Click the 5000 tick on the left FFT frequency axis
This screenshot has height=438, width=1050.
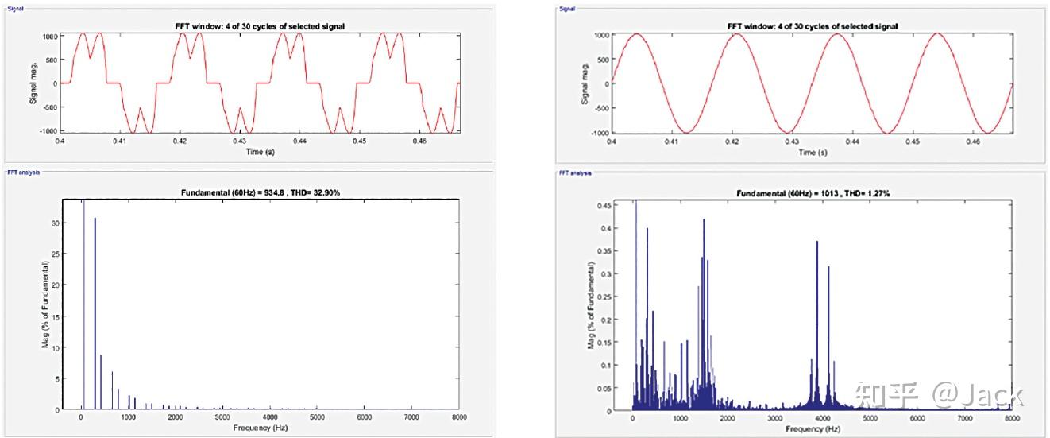point(317,417)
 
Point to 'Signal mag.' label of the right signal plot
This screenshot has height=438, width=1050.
point(585,83)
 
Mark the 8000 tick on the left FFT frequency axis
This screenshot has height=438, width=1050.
point(458,417)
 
